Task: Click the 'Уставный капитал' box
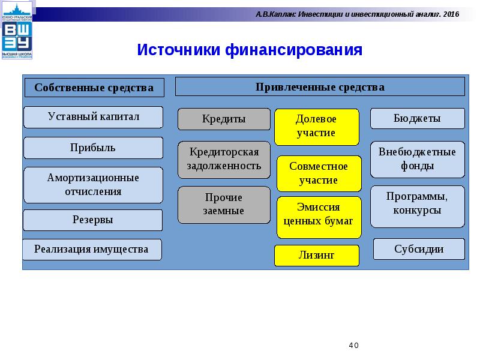click(93, 117)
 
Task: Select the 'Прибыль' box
click(93, 148)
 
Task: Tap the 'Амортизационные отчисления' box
click(93, 185)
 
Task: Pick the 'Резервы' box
click(93, 220)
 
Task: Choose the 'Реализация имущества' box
click(92, 249)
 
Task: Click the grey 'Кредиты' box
click(224, 119)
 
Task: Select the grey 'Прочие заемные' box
click(224, 205)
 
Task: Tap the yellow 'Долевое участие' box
click(317, 127)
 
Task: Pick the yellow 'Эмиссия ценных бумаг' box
click(319, 214)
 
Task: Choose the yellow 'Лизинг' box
click(317, 255)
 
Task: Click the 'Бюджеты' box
click(417, 119)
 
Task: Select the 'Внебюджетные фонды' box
click(417, 159)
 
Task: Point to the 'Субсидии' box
click(419, 249)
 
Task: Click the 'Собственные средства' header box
click(94, 88)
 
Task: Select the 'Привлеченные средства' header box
click(320, 86)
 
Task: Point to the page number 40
click(353, 346)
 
